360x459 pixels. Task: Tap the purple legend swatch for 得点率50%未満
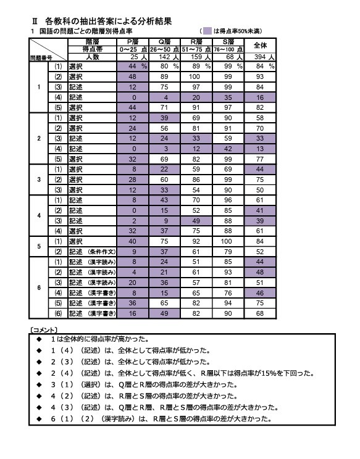207,30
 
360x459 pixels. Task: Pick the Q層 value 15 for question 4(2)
164,210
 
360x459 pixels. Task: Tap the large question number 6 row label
40,287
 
